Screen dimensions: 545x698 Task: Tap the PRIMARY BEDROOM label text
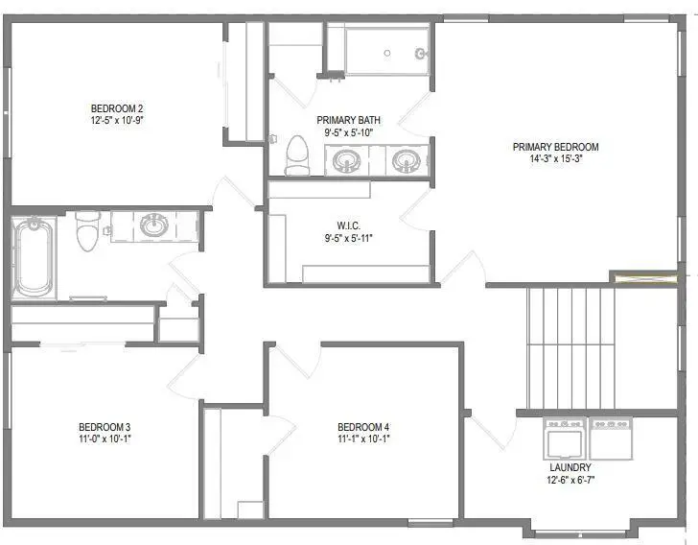[555, 147]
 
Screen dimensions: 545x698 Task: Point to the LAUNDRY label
[570, 467]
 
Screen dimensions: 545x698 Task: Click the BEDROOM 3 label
[105, 427]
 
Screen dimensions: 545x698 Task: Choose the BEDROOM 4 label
[363, 427]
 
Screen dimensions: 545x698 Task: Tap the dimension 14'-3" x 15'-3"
[555, 159]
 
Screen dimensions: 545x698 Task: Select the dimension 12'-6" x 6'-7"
[570, 479]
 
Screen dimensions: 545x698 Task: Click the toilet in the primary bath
[297, 155]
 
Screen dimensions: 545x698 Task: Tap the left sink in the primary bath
[346, 160]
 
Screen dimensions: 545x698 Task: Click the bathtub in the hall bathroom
[34, 256]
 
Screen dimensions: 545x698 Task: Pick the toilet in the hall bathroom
[87, 229]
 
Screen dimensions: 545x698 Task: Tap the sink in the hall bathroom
[152, 226]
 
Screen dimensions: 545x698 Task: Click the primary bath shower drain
[386, 54]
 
